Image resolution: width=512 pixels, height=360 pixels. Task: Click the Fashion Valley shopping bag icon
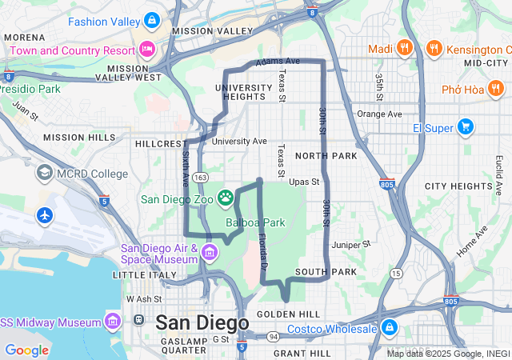pyautogui.click(x=152, y=19)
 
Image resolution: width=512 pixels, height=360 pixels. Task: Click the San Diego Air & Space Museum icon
pyautogui.click(x=210, y=253)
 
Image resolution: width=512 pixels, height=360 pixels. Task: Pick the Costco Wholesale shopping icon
pyautogui.click(x=389, y=328)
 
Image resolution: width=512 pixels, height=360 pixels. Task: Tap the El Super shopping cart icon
pyautogui.click(x=465, y=127)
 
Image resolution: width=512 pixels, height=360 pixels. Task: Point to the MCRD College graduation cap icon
pyautogui.click(x=44, y=173)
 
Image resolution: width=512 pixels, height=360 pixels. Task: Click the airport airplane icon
pyautogui.click(x=44, y=215)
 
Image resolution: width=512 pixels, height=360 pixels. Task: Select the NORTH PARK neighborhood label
pyautogui.click(x=326, y=155)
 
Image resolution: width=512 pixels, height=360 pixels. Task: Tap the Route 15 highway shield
pyautogui.click(x=396, y=274)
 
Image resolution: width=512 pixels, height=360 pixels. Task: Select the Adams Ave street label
pyautogui.click(x=278, y=61)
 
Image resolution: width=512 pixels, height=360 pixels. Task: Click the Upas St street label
pyautogui.click(x=303, y=182)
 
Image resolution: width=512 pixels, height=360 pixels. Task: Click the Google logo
pyautogui.click(x=26, y=350)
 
